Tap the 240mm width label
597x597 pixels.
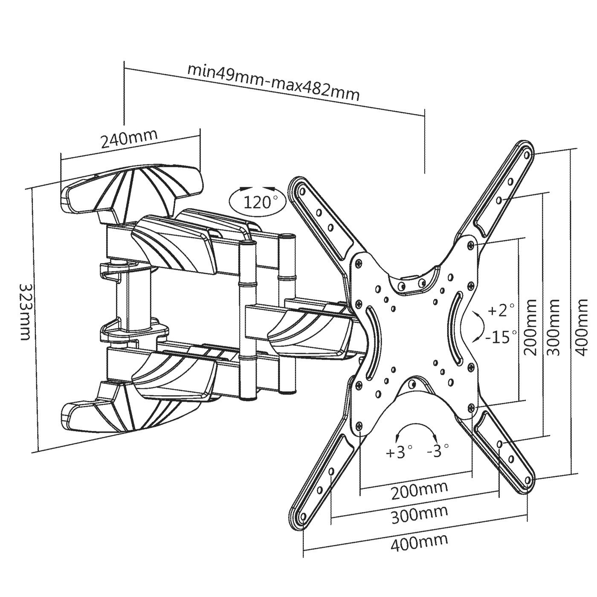pyautogui.click(x=129, y=138)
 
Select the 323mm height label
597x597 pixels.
pyautogui.click(x=25, y=311)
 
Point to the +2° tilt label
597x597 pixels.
pyautogui.click(x=501, y=310)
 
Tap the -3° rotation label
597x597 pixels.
pyautogui.click(x=438, y=449)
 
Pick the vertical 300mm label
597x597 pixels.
pyautogui.click(x=553, y=327)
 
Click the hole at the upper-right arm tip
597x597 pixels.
pyautogui.click(x=527, y=153)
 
